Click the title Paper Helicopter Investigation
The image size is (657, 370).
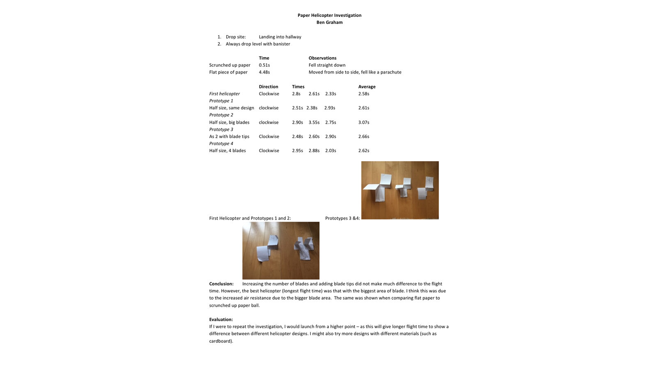click(329, 15)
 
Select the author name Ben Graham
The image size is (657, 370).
click(329, 22)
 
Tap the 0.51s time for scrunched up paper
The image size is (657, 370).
click(264, 65)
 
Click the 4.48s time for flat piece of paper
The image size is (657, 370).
click(264, 72)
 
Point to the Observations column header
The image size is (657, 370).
click(322, 58)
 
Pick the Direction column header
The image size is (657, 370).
click(268, 87)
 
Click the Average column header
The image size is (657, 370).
click(367, 87)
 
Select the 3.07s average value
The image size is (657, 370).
click(363, 122)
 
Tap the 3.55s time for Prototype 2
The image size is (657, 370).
click(314, 122)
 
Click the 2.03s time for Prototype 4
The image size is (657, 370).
click(331, 150)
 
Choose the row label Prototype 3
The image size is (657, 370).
click(221, 129)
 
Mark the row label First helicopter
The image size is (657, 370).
click(224, 94)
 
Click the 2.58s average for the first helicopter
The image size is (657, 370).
click(363, 94)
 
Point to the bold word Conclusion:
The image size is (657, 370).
click(221, 284)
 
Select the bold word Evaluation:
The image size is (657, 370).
click(221, 319)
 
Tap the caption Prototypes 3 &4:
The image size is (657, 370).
click(342, 218)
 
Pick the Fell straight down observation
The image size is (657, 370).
click(327, 65)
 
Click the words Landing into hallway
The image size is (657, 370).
click(280, 37)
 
